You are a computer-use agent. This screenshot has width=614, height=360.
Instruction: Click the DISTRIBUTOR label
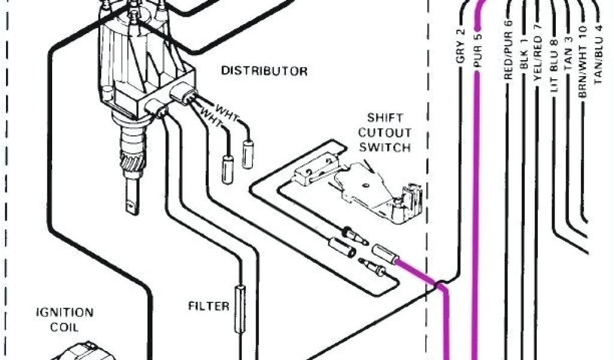click(264, 71)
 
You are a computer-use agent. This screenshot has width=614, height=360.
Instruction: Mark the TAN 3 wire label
click(568, 58)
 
